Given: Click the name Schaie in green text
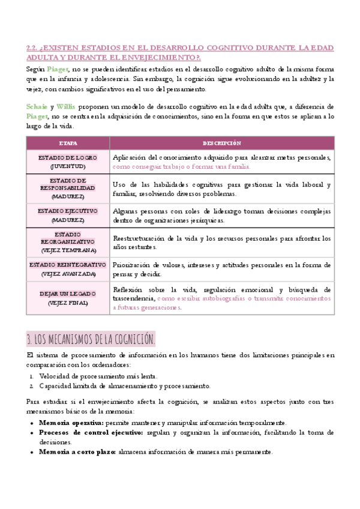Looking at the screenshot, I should coord(38,106).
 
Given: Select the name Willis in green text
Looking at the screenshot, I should coord(68,106).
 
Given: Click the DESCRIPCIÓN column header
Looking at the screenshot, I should coord(221,143).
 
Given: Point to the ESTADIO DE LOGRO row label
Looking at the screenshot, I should coord(68,158).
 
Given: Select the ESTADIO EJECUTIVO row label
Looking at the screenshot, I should coord(68,211).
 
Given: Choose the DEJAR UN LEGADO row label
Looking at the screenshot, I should coord(68,294).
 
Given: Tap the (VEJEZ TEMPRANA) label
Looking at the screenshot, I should coord(68,249).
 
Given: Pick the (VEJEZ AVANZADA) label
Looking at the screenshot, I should coord(68,274).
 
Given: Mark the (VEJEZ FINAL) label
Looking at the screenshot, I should coord(68,303).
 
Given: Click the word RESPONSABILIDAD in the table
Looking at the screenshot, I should coord(68,188).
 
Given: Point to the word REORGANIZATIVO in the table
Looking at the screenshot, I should coord(68,241).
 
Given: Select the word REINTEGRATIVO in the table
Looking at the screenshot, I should coord(84,265).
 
